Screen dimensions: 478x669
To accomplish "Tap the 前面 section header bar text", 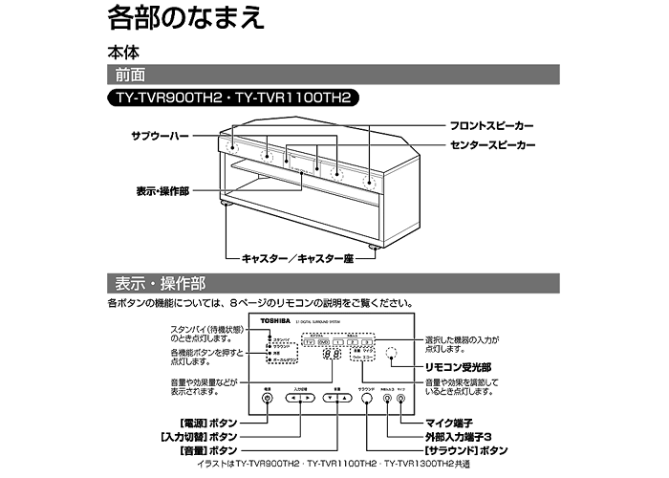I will [x=132, y=74].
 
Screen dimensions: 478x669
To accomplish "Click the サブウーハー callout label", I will [x=161, y=137].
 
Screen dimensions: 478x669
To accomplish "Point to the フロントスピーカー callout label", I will [x=493, y=126].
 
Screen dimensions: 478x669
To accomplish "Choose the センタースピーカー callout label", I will [x=493, y=144].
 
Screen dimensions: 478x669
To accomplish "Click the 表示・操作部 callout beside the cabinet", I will [x=162, y=190].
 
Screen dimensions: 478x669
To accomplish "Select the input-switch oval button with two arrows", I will [x=300, y=399].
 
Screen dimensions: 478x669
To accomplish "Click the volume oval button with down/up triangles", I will [x=336, y=399].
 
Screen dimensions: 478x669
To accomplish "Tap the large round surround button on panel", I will [x=366, y=399].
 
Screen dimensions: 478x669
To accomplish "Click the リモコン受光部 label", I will [x=460, y=366].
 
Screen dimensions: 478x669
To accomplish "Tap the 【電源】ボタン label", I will [x=196, y=422].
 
